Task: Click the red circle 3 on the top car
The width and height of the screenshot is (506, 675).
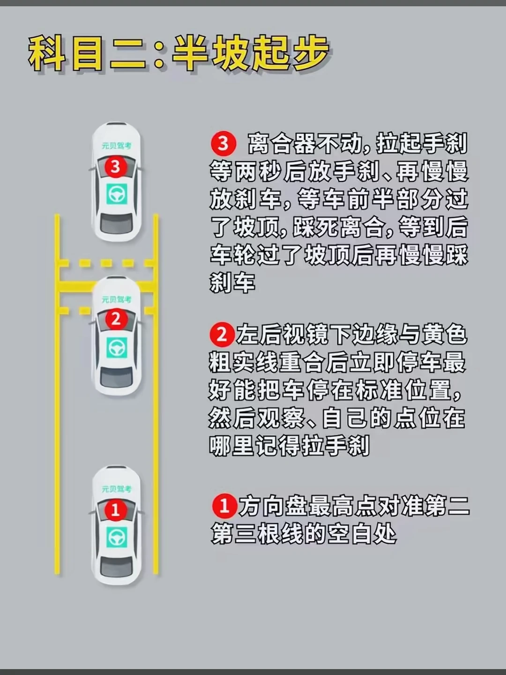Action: [116, 167]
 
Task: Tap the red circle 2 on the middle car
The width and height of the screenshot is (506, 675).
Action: [116, 320]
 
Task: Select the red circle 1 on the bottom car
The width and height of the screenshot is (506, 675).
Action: [116, 510]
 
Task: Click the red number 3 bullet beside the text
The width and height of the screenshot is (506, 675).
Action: [223, 144]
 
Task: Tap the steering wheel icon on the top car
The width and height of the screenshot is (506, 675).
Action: [117, 194]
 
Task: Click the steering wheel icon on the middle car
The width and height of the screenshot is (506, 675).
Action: [117, 347]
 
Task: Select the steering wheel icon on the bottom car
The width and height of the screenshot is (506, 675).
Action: [117, 537]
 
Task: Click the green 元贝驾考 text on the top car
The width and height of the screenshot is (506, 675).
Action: [117, 145]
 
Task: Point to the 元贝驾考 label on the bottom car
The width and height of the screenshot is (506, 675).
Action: [117, 489]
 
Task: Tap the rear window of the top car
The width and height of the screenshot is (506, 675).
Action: [117, 222]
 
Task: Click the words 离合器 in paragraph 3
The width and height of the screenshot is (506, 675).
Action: [282, 143]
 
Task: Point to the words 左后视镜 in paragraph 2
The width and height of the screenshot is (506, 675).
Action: [283, 335]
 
